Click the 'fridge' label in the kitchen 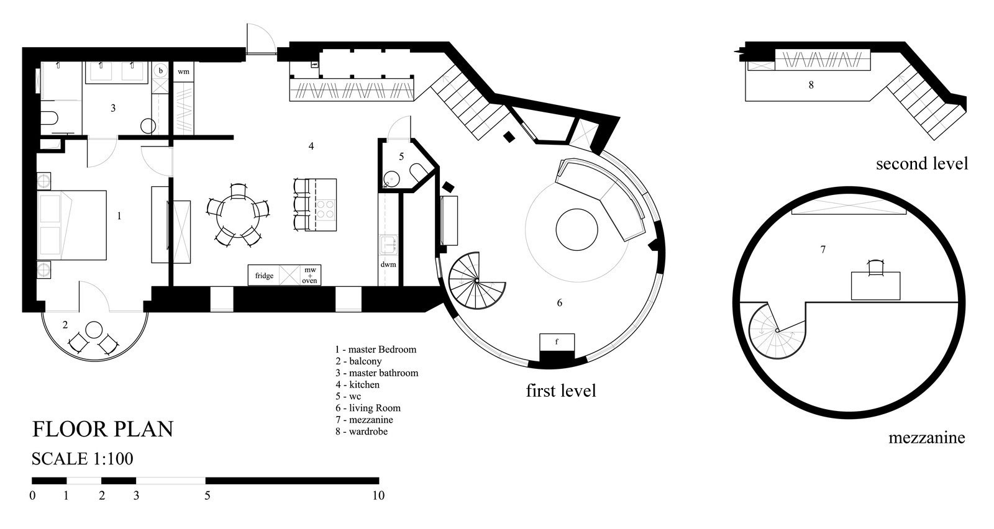264,276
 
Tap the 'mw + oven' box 310,275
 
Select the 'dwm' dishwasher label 388,264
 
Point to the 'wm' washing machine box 183,71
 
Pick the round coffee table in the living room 577,230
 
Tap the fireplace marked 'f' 557,342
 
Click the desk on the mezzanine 875,286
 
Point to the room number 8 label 811,85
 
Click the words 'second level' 922,164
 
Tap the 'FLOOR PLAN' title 103,429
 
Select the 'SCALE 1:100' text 82,458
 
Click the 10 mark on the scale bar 378,495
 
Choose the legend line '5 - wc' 349,396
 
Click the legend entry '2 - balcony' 358,361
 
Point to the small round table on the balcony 94,330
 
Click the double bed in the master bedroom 72,225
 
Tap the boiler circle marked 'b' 161,70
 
